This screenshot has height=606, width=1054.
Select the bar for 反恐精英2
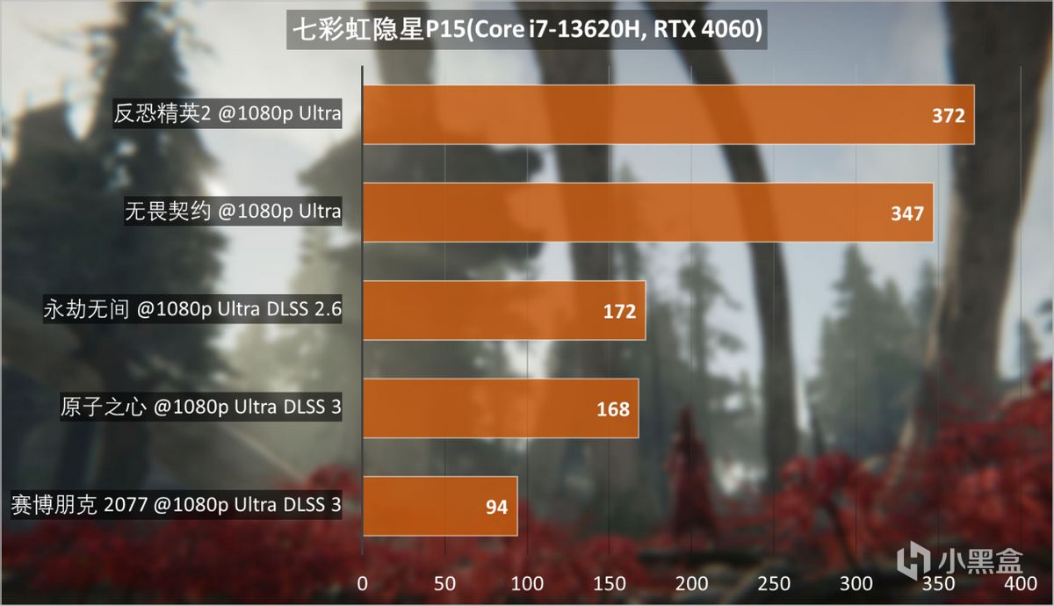click(668, 114)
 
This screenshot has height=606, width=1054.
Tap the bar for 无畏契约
click(647, 213)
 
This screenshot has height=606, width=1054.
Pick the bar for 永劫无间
click(503, 311)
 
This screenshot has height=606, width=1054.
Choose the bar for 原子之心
click(500, 408)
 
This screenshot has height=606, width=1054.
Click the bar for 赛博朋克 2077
click(439, 506)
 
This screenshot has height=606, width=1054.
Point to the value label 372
click(949, 116)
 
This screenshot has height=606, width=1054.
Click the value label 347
click(907, 213)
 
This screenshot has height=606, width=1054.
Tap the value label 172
click(619, 312)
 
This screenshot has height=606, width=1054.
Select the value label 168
click(613, 409)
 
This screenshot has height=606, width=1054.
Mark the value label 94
click(496, 507)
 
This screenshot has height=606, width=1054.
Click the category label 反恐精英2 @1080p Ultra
click(227, 114)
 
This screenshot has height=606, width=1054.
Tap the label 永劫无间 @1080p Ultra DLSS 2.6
click(191, 310)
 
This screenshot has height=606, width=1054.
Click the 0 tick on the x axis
click(363, 583)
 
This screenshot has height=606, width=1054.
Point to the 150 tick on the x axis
click(610, 583)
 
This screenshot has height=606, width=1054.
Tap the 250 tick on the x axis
click(774, 583)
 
